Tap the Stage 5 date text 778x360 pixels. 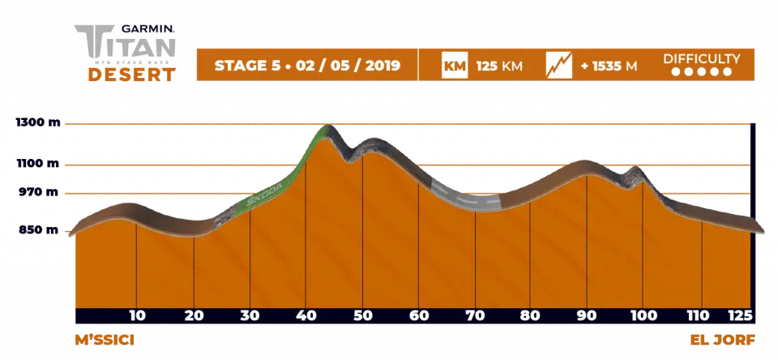tap(306, 66)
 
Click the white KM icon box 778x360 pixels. tap(454, 65)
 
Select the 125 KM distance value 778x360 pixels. tap(497, 66)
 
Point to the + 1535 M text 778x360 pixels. tap(608, 66)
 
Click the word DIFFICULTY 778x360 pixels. tap(702, 58)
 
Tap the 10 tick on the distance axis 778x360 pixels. tap(137, 315)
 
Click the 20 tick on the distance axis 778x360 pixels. tap(194, 315)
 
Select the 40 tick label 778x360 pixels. tap(306, 315)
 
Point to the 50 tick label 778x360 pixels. tap(362, 315)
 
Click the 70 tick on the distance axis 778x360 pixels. tap(475, 315)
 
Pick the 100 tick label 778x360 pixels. tap(643, 315)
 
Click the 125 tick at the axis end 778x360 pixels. tap(741, 315)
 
